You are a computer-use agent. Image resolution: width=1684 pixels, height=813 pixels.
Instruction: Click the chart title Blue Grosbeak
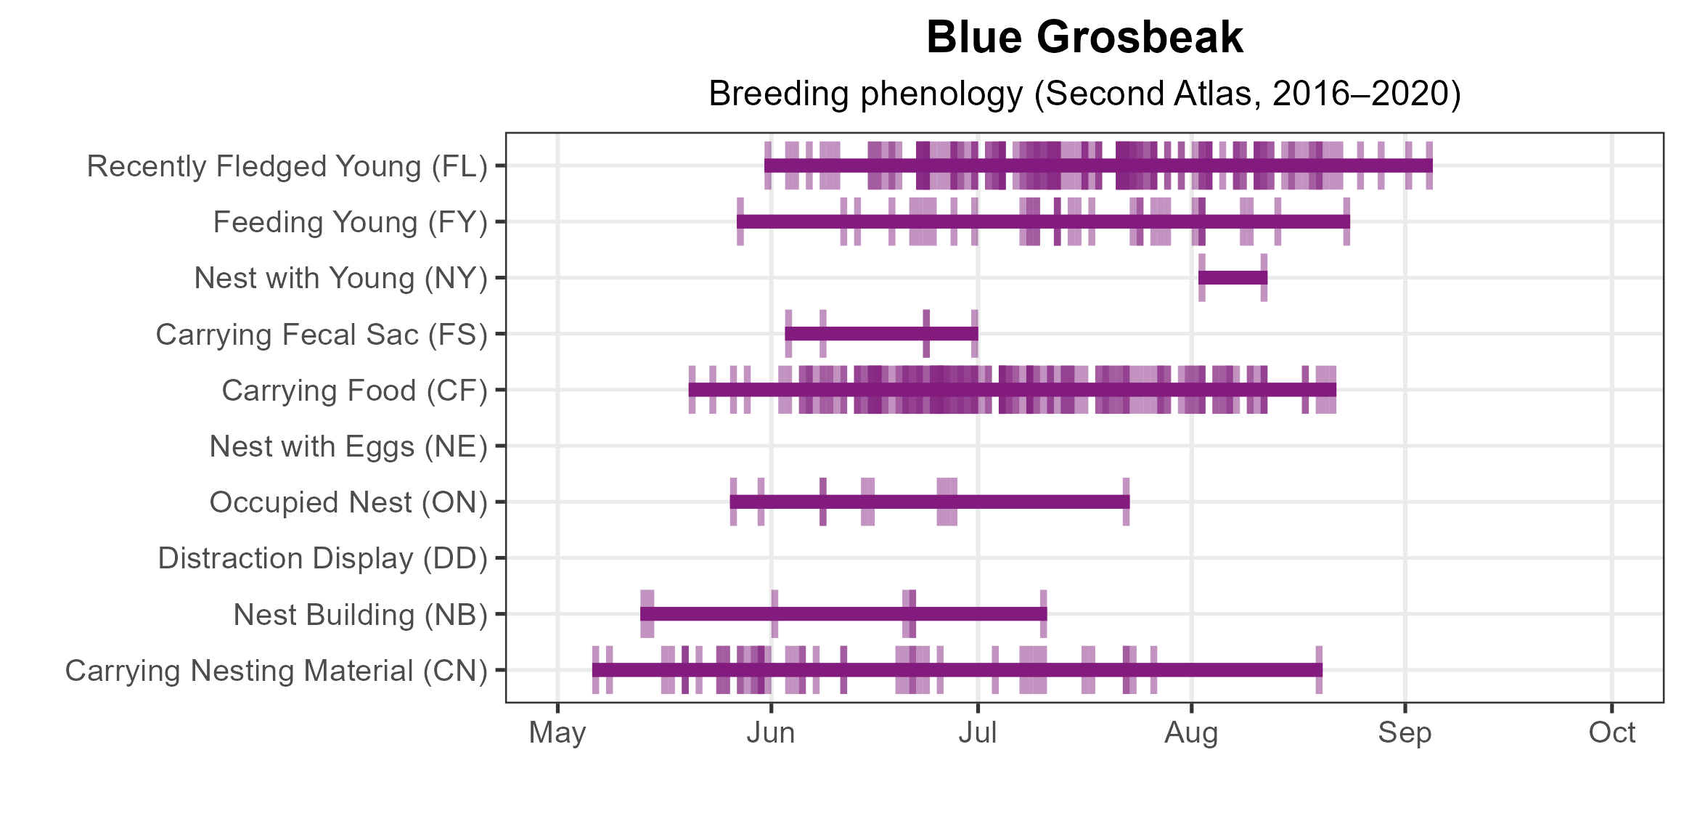1084,38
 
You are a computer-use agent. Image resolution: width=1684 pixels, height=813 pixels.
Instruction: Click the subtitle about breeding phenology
1084,94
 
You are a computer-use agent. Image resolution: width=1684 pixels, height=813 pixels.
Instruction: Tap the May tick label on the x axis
557,733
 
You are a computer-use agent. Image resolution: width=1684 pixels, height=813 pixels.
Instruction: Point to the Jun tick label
771,733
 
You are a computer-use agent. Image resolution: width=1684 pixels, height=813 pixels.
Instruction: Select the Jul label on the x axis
977,733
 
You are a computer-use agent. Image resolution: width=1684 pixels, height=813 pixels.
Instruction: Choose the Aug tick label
1191,733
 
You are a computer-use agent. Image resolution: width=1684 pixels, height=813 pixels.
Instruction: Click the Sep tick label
1405,733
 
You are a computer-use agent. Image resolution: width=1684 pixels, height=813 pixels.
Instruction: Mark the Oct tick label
1611,733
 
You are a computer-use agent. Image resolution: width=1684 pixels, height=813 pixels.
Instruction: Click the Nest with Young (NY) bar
1233,278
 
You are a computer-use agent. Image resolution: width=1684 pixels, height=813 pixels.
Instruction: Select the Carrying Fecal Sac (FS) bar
881,334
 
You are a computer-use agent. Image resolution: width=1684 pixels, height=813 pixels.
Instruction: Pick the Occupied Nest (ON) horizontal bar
929,502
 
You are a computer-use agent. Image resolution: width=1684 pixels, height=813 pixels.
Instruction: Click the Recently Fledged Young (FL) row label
287,166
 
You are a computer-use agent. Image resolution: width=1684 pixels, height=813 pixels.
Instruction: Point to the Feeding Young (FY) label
350,222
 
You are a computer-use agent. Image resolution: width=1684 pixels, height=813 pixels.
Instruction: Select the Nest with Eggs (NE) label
348,446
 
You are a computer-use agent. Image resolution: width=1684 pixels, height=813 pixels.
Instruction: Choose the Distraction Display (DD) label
322,558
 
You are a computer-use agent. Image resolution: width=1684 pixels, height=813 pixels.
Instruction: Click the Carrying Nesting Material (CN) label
276,671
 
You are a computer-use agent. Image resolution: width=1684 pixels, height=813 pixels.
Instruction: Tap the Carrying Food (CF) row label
354,391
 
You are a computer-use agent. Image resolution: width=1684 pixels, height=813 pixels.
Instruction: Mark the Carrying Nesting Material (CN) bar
957,670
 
